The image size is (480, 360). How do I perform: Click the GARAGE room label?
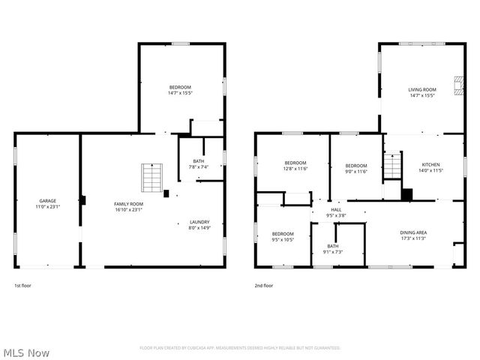(48, 200)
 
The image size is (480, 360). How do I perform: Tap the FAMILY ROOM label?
(128, 203)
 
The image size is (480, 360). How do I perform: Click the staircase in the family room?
(152, 178)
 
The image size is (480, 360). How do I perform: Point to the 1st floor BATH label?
(198, 160)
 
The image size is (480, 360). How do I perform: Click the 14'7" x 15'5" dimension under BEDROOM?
(180, 93)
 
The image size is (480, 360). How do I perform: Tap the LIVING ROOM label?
(421, 89)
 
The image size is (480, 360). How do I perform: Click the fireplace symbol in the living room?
(457, 86)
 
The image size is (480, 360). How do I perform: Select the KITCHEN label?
(430, 164)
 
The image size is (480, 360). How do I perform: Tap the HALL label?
(336, 210)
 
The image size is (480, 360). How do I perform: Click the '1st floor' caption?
(22, 285)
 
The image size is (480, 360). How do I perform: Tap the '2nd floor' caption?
(263, 285)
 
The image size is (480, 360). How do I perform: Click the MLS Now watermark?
(26, 352)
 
